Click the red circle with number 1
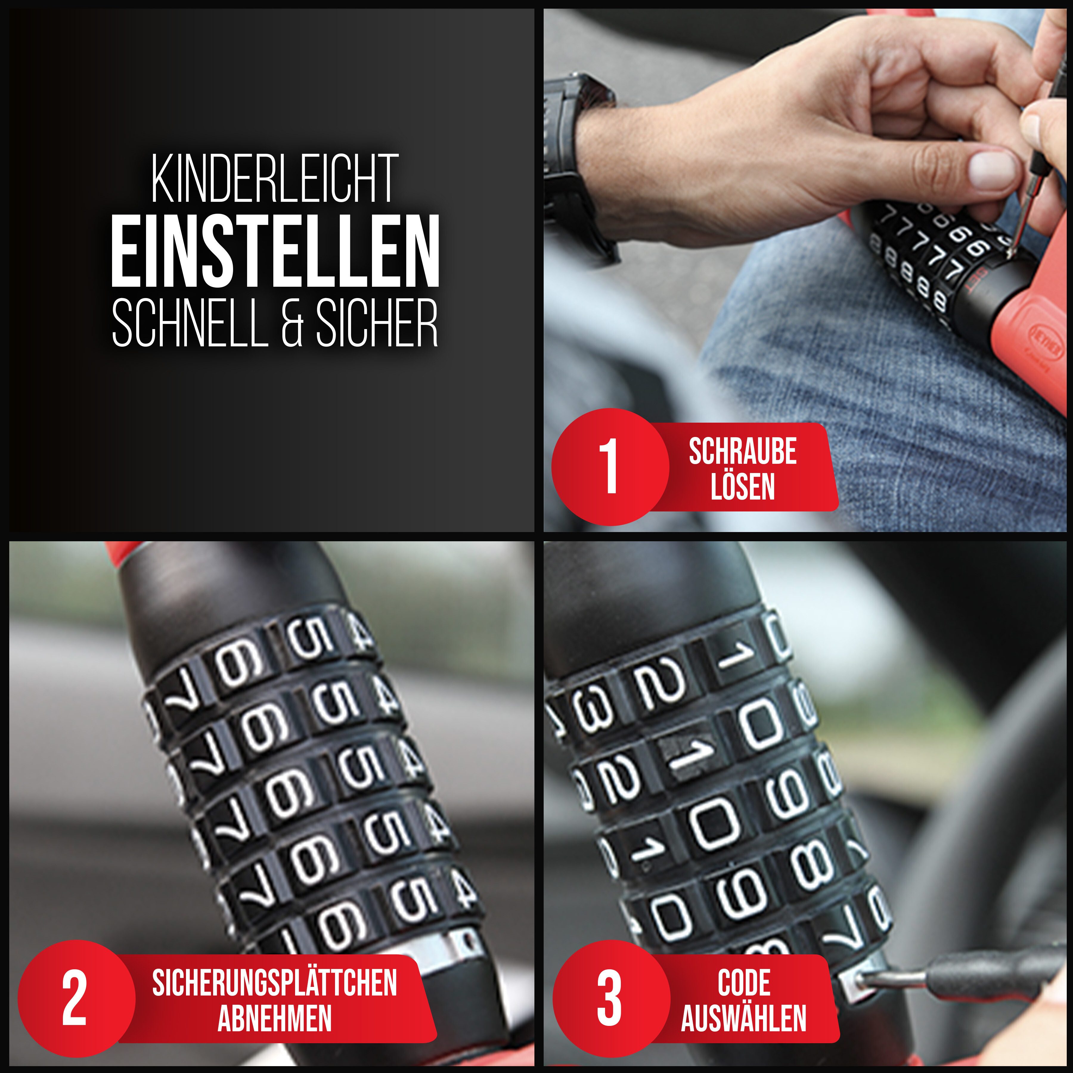point(610,466)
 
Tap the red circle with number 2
point(76,998)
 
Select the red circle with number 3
point(612,998)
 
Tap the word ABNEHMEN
point(275,1018)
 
